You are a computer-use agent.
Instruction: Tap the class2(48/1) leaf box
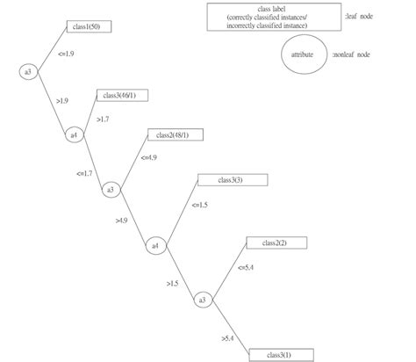(177, 134)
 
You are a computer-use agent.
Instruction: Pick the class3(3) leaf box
(221, 180)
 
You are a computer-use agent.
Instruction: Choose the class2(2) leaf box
(267, 242)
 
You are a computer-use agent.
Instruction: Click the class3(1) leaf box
(272, 354)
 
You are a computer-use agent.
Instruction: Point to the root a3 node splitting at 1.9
(29, 70)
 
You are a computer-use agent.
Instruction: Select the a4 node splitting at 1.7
(75, 134)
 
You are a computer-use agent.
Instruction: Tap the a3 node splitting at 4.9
(111, 189)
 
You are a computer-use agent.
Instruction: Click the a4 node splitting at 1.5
(155, 245)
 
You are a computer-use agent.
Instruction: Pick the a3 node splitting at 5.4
(203, 300)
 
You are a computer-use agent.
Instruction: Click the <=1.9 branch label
(65, 54)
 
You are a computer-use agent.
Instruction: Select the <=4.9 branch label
(148, 157)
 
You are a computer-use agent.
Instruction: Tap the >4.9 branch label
(122, 220)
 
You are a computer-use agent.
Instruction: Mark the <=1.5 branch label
(199, 205)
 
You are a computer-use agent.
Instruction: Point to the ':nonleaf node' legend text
(351, 54)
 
